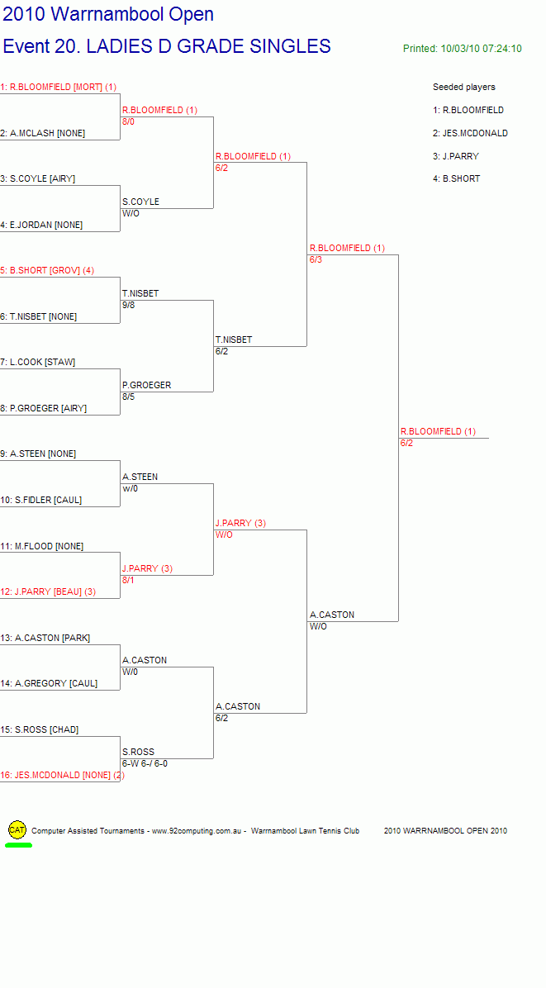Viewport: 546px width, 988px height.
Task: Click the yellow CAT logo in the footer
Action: click(17, 830)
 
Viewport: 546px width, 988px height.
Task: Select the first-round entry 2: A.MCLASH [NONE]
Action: click(43, 133)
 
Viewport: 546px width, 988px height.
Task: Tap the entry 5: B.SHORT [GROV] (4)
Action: click(47, 270)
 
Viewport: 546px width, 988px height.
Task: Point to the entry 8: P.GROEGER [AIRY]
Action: click(44, 408)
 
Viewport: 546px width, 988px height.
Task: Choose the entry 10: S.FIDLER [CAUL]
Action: click(41, 501)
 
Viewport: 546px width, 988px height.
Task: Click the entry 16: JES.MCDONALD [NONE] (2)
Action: click(62, 775)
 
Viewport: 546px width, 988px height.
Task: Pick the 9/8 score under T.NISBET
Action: click(129, 305)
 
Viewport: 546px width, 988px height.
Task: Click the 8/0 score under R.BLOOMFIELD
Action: click(129, 121)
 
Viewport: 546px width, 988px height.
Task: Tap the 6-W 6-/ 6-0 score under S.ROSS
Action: click(145, 763)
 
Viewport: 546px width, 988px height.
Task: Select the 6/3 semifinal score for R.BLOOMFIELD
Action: click(316, 259)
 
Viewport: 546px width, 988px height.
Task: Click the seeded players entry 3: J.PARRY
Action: click(456, 156)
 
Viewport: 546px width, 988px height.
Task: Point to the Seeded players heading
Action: click(464, 87)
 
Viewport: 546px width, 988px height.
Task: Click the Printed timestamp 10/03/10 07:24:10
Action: click(463, 49)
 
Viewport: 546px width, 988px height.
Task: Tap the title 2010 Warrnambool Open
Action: click(108, 14)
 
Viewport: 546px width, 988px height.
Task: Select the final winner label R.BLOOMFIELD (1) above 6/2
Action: click(438, 431)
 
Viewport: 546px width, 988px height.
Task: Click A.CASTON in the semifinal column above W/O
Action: click(332, 615)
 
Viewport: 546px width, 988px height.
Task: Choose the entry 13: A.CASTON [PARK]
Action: click(45, 638)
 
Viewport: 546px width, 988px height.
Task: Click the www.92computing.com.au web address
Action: click(197, 831)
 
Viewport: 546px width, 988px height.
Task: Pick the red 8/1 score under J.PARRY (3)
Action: click(129, 580)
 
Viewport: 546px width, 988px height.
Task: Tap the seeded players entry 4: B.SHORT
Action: click(457, 179)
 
